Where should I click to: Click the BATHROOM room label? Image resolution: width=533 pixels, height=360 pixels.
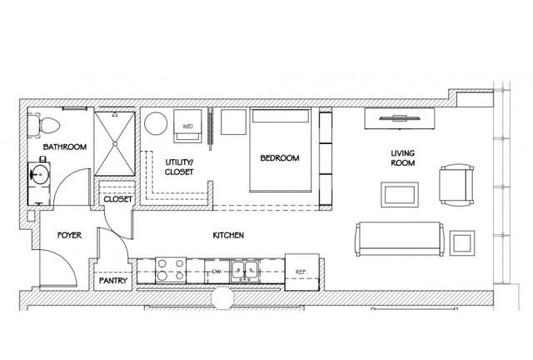pos(65,147)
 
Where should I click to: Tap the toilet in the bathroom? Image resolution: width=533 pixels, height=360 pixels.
pos(44,125)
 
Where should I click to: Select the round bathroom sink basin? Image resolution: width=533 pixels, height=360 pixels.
pos(40,174)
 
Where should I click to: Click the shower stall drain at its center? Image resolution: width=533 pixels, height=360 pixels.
pos(115,144)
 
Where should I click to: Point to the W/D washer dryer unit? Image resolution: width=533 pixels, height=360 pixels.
pos(187,126)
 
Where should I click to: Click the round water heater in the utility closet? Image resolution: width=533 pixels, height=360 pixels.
pos(156,123)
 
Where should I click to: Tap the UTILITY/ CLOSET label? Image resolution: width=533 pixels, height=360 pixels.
pos(179,167)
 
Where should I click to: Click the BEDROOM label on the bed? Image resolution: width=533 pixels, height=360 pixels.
pos(280,157)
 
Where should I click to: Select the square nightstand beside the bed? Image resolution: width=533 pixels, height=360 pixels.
pos(233,122)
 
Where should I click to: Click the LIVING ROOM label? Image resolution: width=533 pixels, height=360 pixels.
pos(403,157)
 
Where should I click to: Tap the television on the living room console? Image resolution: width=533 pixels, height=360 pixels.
pos(400,118)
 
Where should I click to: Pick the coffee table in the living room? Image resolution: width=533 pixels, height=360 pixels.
pos(400,195)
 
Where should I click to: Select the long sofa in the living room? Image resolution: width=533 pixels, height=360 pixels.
pos(400,239)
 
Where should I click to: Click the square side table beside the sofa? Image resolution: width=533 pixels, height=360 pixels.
pos(462,243)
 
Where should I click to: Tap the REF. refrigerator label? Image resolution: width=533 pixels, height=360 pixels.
pos(301,272)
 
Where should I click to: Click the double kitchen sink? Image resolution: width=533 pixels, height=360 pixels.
pos(245,271)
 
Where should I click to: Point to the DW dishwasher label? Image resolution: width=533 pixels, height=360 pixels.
pos(217,271)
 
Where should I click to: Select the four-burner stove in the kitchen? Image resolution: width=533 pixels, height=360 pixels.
pos(171,270)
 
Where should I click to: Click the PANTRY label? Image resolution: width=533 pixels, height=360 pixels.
pos(113,281)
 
